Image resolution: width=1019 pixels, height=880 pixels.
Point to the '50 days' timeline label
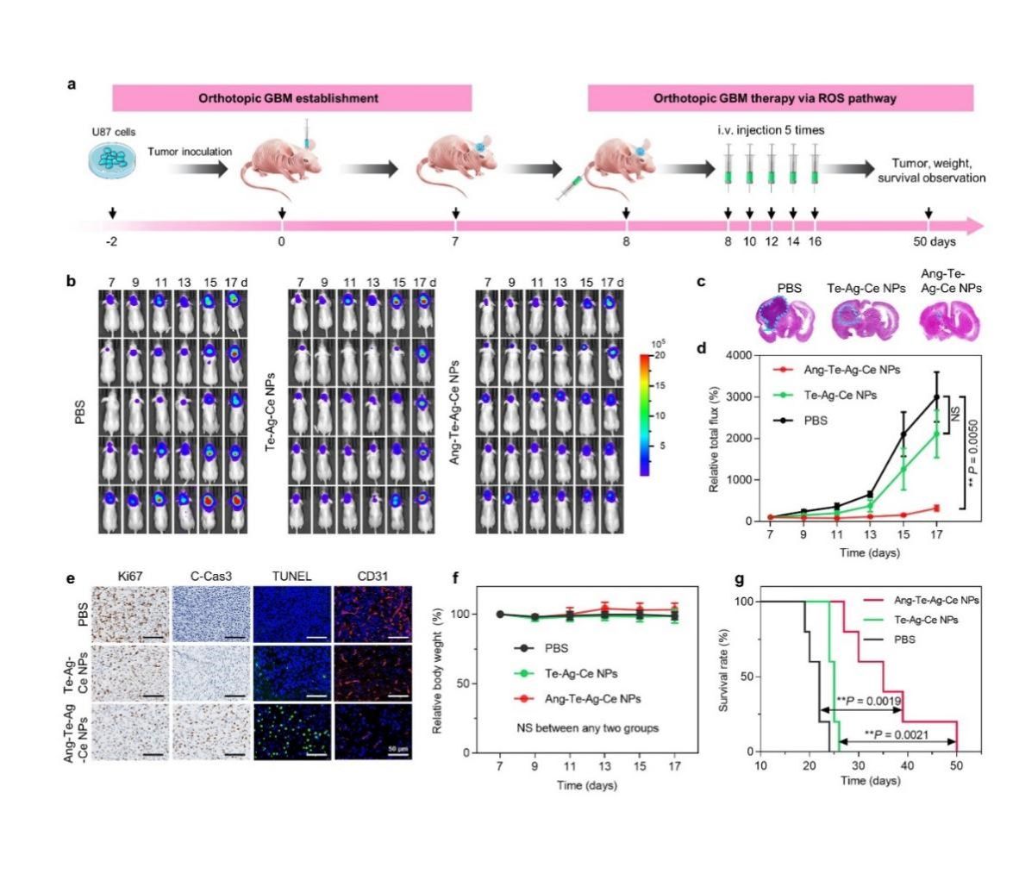click(x=937, y=242)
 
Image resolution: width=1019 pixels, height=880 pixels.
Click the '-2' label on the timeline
click(x=111, y=242)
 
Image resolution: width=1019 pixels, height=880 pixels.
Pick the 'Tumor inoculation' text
click(x=190, y=152)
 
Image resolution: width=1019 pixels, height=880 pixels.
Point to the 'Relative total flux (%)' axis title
click(x=715, y=437)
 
